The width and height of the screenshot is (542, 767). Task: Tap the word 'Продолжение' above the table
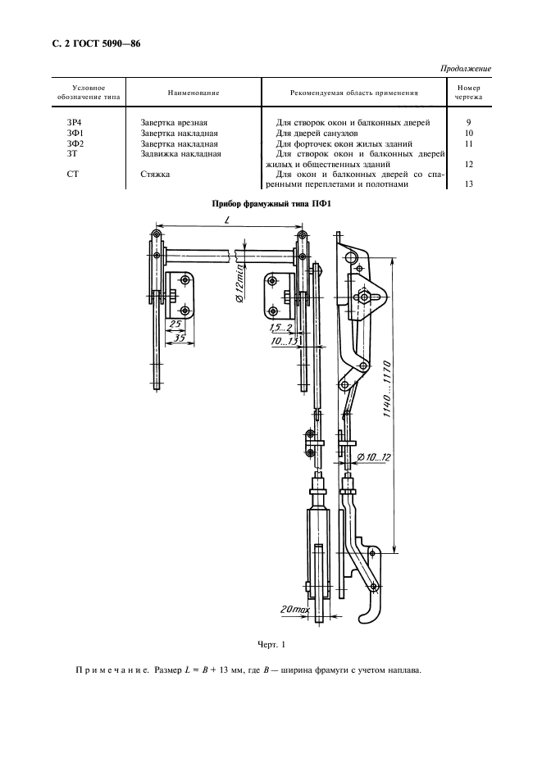tap(467, 69)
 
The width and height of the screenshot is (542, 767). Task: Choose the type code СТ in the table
tap(72, 174)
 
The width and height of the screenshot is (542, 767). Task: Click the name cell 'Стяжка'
tap(156, 174)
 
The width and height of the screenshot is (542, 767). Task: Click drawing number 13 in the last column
tap(469, 184)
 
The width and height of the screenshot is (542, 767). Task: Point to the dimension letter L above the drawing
tap(225, 222)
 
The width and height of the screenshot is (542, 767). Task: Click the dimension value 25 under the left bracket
tap(175, 325)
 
